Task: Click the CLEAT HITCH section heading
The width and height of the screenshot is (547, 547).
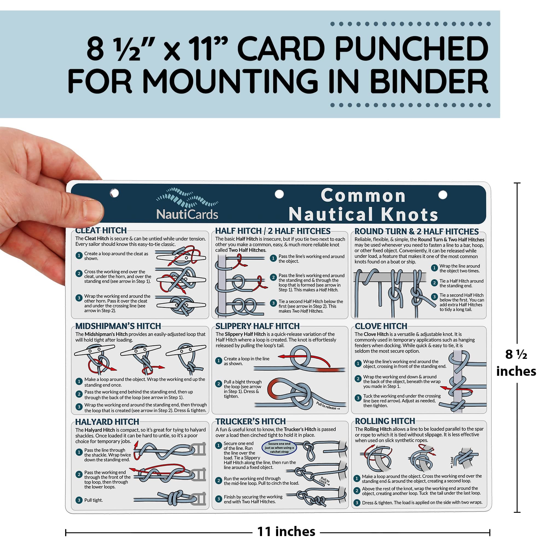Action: pos(101,230)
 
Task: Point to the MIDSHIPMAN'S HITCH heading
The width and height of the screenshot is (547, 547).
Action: pos(118,326)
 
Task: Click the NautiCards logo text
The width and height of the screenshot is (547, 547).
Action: pos(187,214)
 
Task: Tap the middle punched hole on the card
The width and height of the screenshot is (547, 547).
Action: pos(279,194)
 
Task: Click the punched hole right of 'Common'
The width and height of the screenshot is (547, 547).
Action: pos(443,195)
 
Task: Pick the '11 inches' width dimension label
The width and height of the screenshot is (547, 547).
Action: pos(286,531)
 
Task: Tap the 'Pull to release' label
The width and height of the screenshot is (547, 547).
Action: pos(328,406)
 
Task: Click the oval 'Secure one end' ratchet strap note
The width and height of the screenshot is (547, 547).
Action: pos(279,448)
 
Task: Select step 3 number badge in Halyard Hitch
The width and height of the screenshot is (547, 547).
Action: pos(79,500)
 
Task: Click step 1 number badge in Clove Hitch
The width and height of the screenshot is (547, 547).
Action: pos(358,363)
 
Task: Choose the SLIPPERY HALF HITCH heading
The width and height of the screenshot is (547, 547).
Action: pos(257,326)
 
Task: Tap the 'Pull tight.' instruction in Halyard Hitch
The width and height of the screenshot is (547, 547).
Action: pos(94,500)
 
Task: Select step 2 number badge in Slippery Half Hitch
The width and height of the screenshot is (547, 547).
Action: pos(218,384)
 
